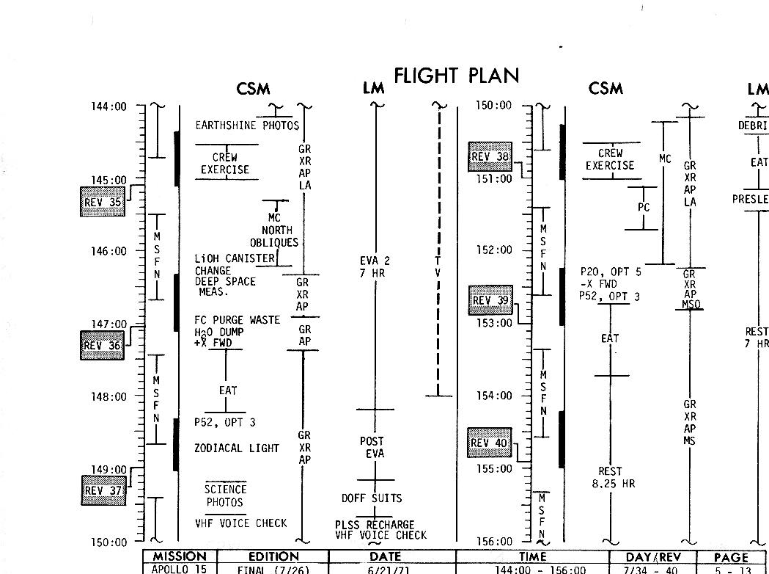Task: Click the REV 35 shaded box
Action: pos(103,202)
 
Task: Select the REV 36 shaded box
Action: pos(102,346)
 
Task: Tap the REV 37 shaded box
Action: pos(103,490)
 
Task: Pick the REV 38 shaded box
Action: pos(490,156)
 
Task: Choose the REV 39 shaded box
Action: pos(490,300)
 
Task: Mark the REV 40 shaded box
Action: pos(490,443)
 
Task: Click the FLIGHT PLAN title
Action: pos(456,76)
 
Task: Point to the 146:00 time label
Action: pos(108,251)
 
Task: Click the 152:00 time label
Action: pos(494,250)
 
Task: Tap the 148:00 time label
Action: pos(108,396)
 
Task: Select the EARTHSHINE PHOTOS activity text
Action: pos(247,126)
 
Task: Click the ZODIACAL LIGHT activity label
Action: pos(237,448)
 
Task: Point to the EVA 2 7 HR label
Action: pos(375,267)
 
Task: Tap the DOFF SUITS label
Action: pos(372,498)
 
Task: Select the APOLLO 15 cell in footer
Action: pos(180,569)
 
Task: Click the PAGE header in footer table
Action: pos(730,557)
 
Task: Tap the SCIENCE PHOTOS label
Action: pos(225,495)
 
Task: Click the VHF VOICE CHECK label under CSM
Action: pos(240,523)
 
